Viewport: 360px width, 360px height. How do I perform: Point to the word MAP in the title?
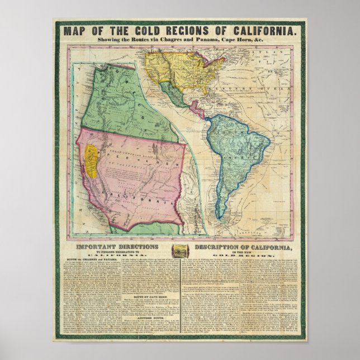point(76,31)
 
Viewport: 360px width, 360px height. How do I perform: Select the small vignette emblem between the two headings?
point(180,249)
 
